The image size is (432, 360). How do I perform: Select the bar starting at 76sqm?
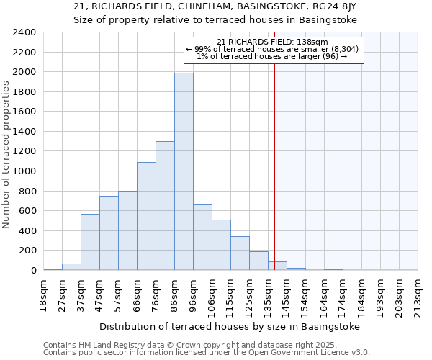click(165, 205)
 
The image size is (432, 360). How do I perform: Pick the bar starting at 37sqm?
click(90, 242)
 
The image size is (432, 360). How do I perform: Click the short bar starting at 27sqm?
click(71, 266)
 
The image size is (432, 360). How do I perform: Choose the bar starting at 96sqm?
click(202, 237)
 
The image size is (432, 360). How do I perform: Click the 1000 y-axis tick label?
click(25, 171)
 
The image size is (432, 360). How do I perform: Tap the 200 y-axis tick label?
click(28, 251)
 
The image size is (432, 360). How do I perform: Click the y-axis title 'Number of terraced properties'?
click(6, 154)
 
